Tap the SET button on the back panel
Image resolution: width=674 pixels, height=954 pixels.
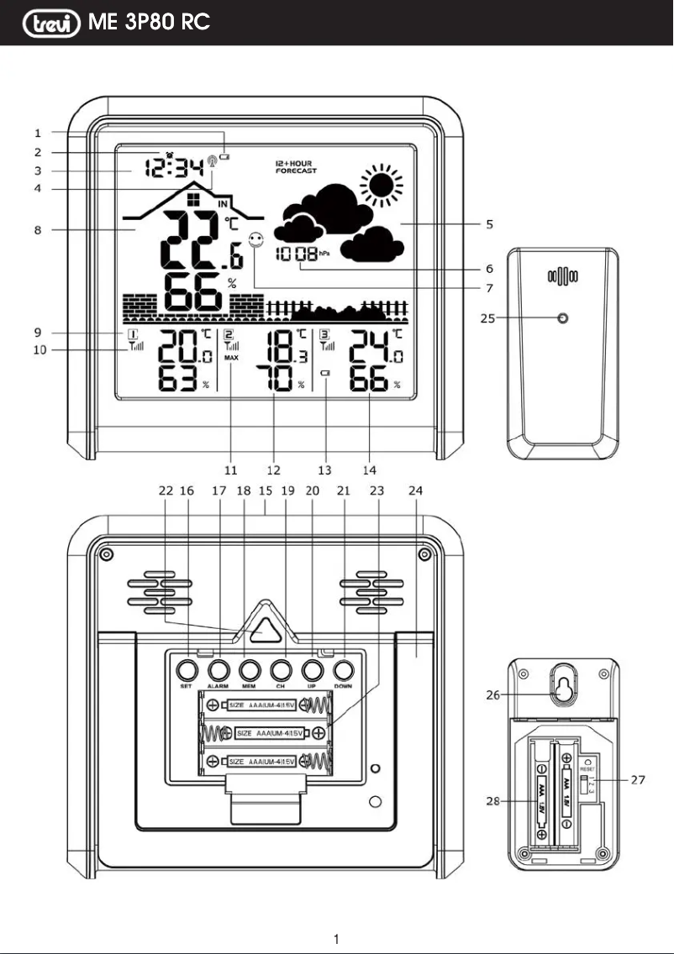[187, 670]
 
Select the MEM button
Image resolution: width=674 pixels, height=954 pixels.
[250, 670]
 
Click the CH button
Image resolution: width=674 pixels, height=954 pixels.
[281, 670]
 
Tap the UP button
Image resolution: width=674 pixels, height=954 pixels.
[312, 670]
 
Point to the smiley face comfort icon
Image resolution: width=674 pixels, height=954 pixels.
[255, 240]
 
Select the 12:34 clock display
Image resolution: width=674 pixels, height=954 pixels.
[172, 168]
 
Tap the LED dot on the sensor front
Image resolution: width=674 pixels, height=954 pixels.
[563, 319]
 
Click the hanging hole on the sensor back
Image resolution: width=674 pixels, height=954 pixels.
[562, 688]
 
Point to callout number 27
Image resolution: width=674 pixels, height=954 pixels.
[638, 780]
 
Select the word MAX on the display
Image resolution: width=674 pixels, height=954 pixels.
[232, 358]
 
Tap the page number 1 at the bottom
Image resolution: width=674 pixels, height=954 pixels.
[336, 938]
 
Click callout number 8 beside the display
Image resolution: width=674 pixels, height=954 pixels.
[39, 228]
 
